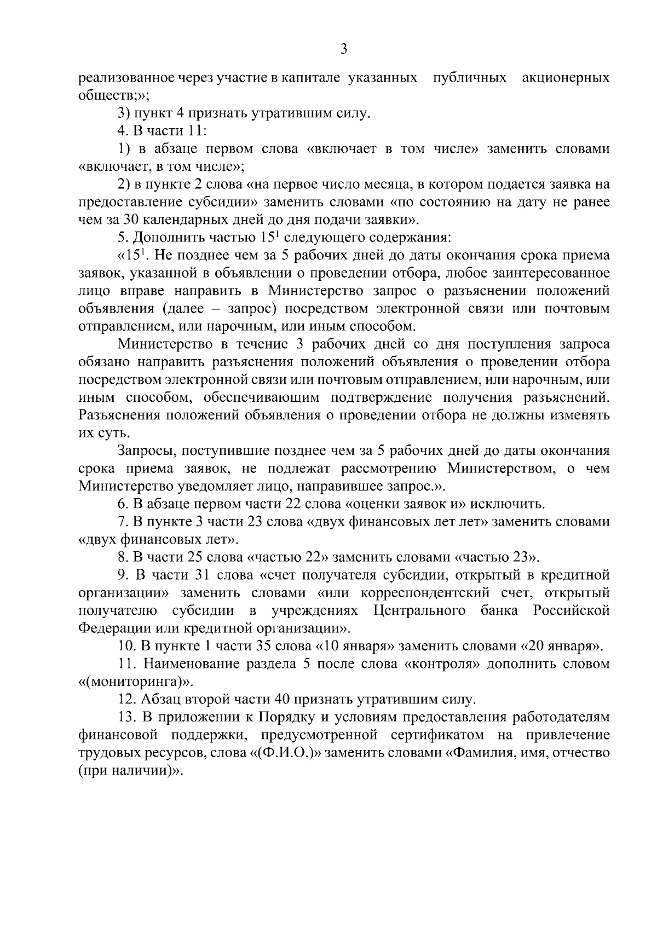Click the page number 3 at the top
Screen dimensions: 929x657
click(x=343, y=49)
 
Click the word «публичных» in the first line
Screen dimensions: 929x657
click(x=469, y=78)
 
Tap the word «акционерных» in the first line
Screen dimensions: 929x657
click(x=566, y=78)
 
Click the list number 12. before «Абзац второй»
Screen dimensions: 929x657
click(x=127, y=700)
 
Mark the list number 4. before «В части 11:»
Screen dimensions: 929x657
click(x=122, y=131)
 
